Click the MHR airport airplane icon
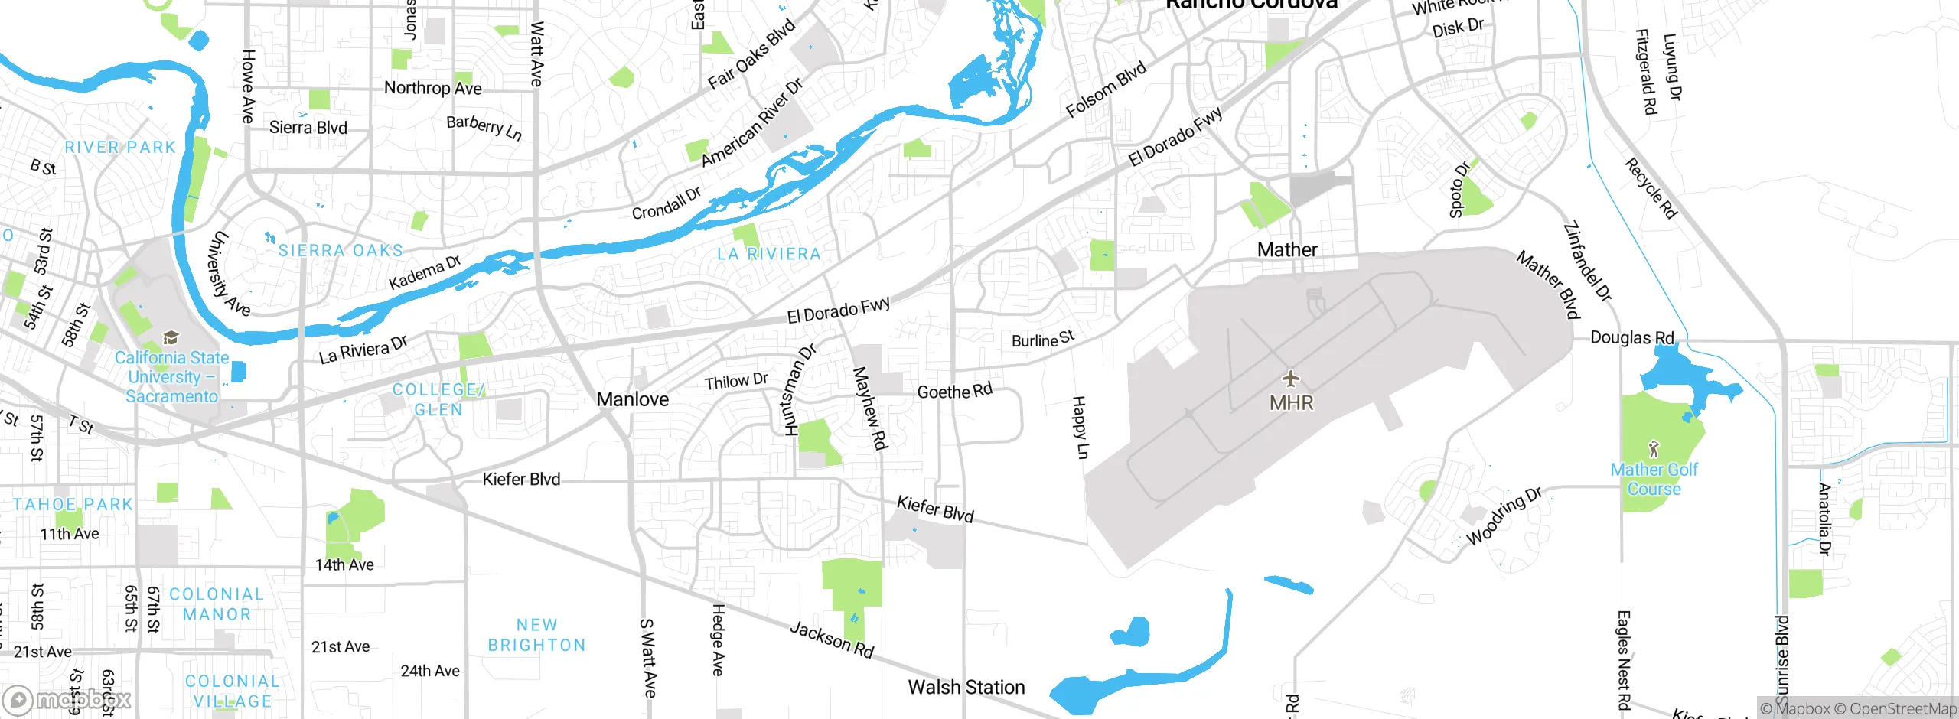point(1291,379)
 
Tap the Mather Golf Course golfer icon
point(1654,448)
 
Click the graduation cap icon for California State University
point(171,338)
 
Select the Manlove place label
point(632,399)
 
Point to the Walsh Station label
point(966,687)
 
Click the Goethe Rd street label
point(954,392)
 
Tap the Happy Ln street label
point(1080,427)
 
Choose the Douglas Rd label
point(1631,337)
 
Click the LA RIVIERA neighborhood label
point(768,254)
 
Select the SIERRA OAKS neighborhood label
point(341,251)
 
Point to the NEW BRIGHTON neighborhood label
point(536,635)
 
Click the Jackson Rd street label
point(831,640)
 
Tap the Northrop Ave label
point(432,88)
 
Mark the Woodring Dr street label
point(1503,517)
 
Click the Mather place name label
point(1287,249)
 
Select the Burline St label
point(1042,339)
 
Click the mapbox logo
point(67,699)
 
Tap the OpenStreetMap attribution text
point(1902,708)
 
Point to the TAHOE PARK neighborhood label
point(73,504)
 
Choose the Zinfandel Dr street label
point(1587,261)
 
